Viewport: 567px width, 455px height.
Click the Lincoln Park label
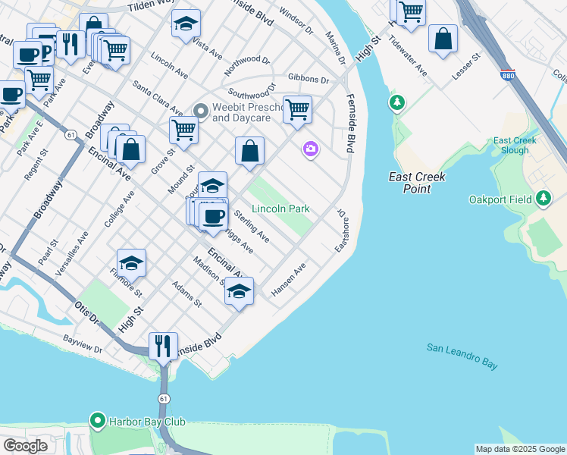coord(280,209)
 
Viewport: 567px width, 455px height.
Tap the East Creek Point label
coord(417,183)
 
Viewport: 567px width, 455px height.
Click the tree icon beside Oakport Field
coord(543,199)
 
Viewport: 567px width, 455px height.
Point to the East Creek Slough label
coord(515,146)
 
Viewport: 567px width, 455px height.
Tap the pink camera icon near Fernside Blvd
coord(310,149)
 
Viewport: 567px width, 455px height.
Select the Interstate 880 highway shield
coord(508,76)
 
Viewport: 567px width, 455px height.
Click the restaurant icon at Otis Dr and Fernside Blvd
coord(163,347)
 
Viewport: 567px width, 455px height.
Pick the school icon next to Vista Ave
coord(186,24)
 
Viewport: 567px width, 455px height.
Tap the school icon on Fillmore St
coord(132,262)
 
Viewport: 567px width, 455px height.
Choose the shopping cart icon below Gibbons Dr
coord(298,109)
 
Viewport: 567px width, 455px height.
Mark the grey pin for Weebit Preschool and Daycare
coord(201,111)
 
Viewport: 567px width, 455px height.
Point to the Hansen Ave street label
coord(288,281)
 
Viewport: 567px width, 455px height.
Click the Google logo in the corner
coord(25,446)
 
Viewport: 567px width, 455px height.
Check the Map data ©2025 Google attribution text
coord(519,449)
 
